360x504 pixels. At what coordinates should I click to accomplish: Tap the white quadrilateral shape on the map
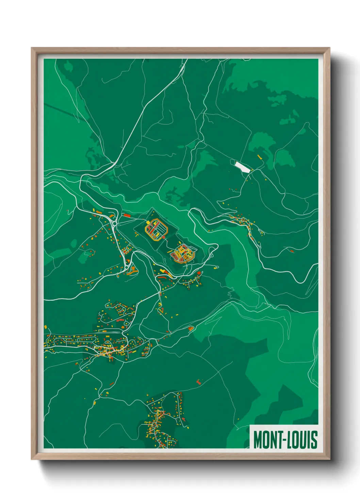click(242, 167)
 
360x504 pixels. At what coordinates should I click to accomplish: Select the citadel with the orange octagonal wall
click(157, 231)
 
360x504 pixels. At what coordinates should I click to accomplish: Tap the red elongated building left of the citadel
click(127, 215)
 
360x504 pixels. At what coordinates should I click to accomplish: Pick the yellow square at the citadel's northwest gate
click(149, 223)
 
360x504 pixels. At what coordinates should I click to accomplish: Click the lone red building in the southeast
click(199, 382)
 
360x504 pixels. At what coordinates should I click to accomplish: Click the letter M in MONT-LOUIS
click(258, 440)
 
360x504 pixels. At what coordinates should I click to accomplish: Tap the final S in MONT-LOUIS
click(314, 440)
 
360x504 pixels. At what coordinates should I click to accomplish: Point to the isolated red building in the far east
click(292, 251)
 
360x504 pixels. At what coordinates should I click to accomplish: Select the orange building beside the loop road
click(191, 329)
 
